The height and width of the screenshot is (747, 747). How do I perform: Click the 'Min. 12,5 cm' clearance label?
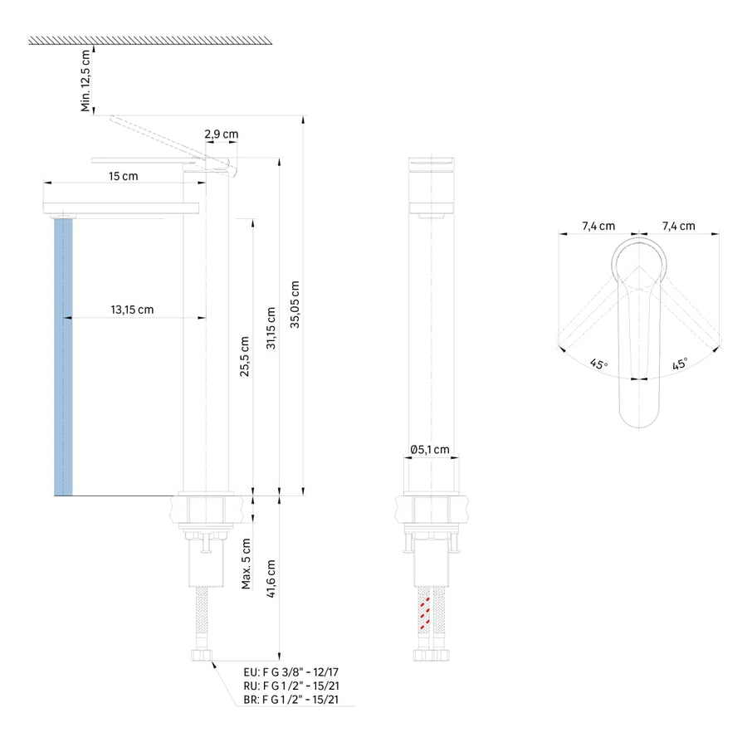click(85, 81)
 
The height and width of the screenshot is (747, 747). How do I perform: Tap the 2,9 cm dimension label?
click(222, 134)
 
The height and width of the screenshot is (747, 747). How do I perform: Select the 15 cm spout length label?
click(124, 176)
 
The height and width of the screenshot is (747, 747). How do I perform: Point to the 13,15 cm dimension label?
click(132, 310)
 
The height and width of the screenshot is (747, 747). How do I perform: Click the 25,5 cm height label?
click(244, 356)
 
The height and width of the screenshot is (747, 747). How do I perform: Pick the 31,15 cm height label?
click(271, 328)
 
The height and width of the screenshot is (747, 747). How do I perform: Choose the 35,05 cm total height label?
click(295, 305)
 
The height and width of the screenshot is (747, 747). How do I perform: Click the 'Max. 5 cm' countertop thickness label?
click(246, 564)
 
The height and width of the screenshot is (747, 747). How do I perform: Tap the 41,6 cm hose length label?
click(271, 579)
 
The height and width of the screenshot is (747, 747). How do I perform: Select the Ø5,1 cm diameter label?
click(430, 449)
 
